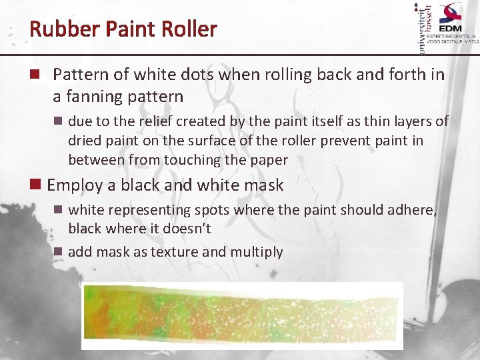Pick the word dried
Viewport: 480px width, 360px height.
(84, 141)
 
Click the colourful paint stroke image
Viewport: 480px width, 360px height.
(242, 315)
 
